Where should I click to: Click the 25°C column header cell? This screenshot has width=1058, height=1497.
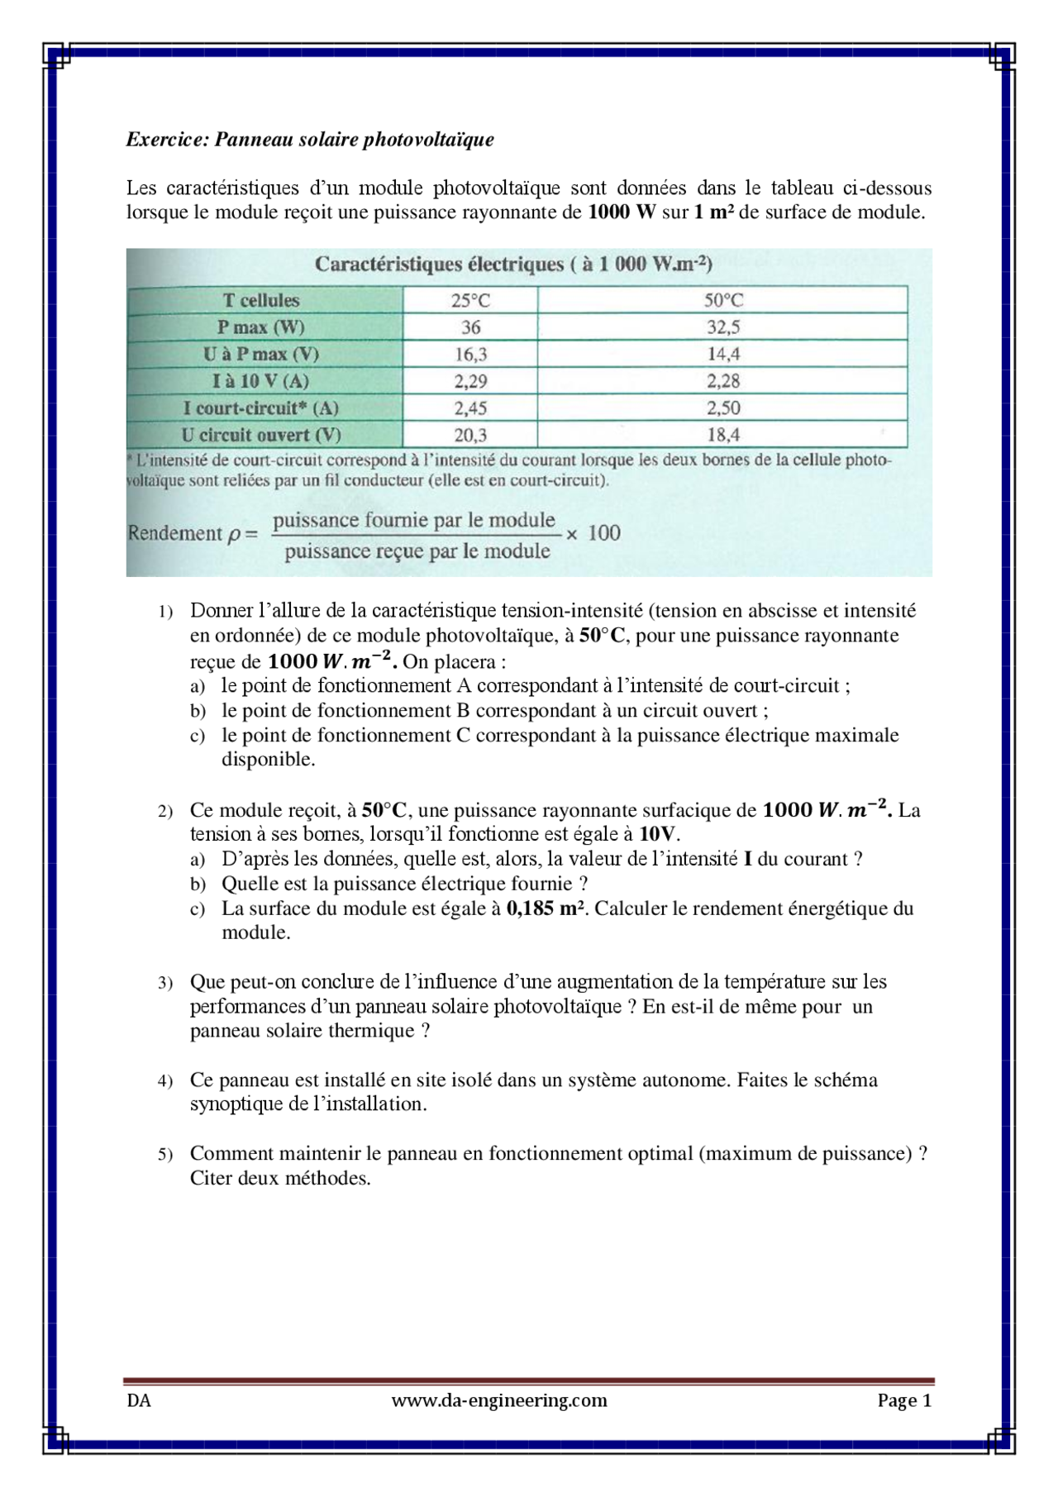point(470,300)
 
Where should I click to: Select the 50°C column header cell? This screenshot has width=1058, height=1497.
point(723,300)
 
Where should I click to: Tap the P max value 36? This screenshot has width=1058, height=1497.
point(470,327)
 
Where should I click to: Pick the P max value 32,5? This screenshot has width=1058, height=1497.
point(723,327)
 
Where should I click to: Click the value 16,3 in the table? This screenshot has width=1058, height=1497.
point(470,355)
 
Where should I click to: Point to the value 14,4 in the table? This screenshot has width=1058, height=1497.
point(723,355)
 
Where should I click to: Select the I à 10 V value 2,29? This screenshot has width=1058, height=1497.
point(470,381)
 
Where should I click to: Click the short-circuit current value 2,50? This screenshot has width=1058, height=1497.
point(723,408)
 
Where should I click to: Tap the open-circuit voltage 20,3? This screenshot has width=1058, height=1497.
point(470,435)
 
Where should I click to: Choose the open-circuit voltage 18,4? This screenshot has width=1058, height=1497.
point(723,435)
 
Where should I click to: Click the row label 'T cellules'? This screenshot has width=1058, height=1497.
point(262,300)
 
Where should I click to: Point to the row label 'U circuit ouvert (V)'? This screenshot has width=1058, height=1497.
point(261,435)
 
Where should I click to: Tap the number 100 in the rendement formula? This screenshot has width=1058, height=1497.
point(603,533)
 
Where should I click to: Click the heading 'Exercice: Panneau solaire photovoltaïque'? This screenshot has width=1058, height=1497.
point(310,140)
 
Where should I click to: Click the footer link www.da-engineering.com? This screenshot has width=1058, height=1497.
point(499,1400)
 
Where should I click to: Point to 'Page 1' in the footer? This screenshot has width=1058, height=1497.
point(904,1400)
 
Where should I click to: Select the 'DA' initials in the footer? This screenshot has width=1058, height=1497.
point(138,1401)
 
